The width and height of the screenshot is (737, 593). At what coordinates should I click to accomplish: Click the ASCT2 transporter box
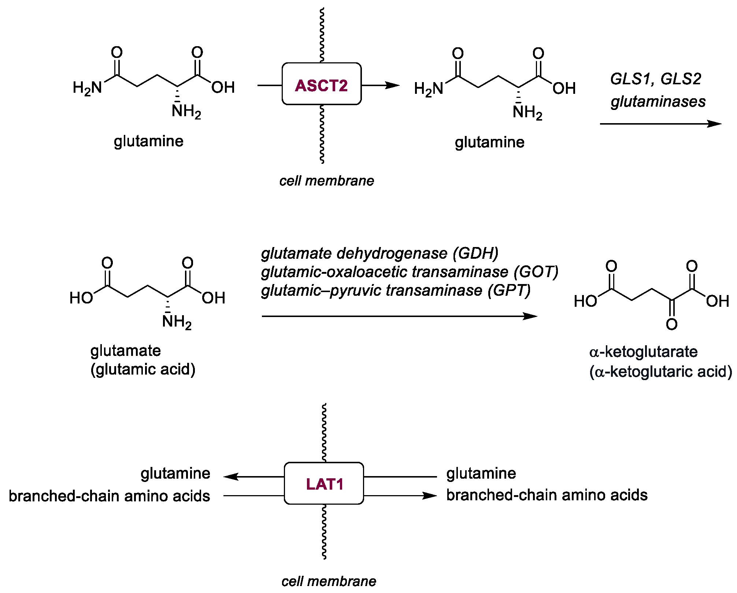(321, 84)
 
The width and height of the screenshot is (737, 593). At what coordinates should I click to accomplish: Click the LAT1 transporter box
(324, 483)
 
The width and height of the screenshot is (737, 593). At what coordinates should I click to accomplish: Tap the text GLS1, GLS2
(655, 79)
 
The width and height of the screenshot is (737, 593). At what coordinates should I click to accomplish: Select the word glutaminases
(658, 102)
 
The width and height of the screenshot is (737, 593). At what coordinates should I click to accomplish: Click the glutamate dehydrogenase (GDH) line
(379, 253)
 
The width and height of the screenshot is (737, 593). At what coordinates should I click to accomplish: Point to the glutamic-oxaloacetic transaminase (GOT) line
(409, 272)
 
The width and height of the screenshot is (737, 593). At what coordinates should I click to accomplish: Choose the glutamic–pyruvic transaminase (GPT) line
(396, 291)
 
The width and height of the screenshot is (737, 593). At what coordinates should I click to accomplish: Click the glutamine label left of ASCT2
(148, 141)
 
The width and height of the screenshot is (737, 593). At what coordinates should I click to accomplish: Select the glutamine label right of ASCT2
(489, 142)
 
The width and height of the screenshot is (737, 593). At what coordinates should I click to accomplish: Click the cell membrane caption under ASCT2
(326, 181)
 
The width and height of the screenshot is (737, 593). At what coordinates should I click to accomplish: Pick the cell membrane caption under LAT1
(329, 581)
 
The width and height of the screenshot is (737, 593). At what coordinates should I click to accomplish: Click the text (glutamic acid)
(143, 369)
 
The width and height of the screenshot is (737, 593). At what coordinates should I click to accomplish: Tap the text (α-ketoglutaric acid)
(660, 372)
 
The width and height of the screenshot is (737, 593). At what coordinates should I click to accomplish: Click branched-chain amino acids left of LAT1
(109, 496)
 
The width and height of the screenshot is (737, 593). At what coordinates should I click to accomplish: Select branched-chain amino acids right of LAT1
(547, 495)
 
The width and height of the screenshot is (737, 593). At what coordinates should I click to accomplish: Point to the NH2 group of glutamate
(176, 322)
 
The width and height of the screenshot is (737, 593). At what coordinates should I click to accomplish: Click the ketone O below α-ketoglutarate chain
(671, 324)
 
